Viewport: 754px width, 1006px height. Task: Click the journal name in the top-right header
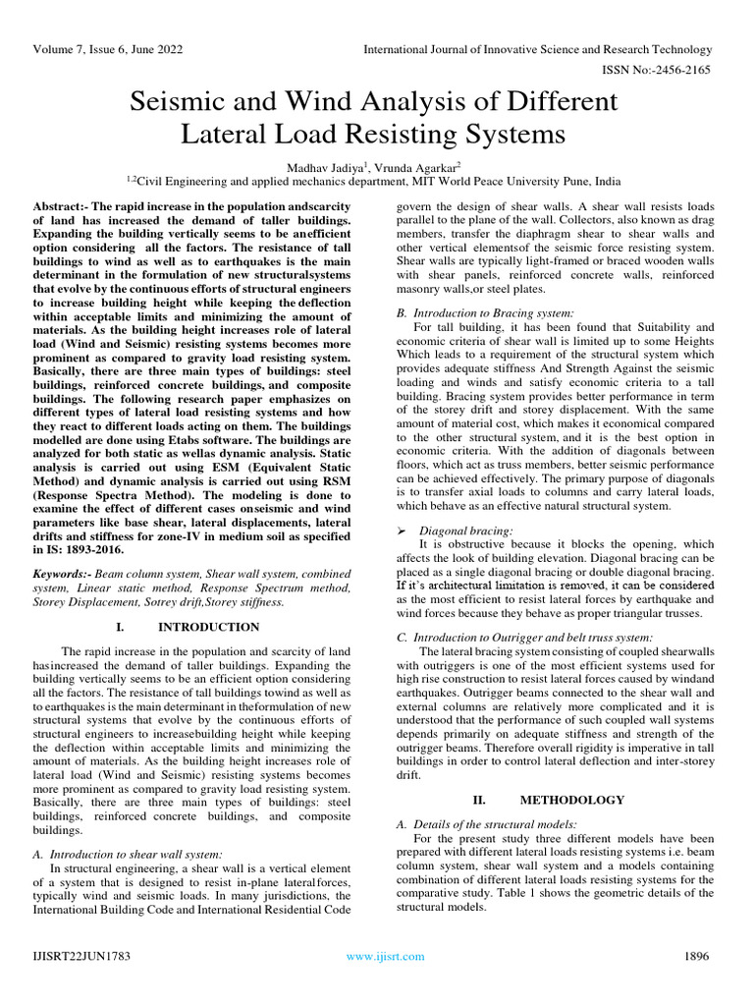point(537,49)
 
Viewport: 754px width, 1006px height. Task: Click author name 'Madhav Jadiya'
point(322,165)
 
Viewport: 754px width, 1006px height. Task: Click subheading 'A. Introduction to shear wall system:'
point(128,855)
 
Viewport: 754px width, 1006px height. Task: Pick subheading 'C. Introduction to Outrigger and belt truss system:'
point(524,637)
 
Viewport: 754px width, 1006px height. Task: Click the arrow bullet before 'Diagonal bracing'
point(401,530)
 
